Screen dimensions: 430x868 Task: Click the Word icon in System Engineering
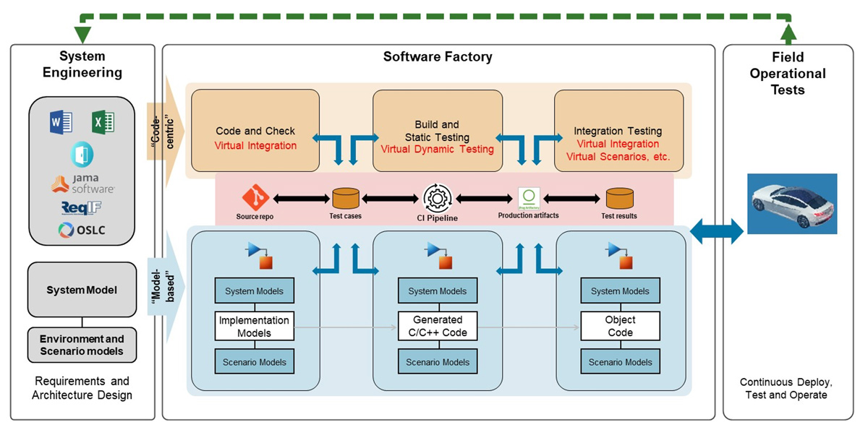tap(61, 123)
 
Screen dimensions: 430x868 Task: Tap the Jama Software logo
tap(82, 184)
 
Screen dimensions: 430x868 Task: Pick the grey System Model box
tap(82, 290)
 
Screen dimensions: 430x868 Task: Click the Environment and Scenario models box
tap(82, 345)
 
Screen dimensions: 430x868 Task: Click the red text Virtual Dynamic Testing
tap(437, 150)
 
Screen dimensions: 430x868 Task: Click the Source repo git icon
tap(255, 197)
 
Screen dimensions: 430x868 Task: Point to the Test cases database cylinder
tap(345, 198)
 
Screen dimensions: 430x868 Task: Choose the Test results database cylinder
tap(619, 198)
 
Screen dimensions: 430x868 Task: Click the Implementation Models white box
tap(254, 327)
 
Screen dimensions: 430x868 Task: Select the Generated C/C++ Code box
tap(437, 327)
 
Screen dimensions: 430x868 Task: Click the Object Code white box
tap(620, 327)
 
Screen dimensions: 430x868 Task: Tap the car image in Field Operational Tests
tap(791, 204)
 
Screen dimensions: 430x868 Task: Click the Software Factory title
tap(437, 57)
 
